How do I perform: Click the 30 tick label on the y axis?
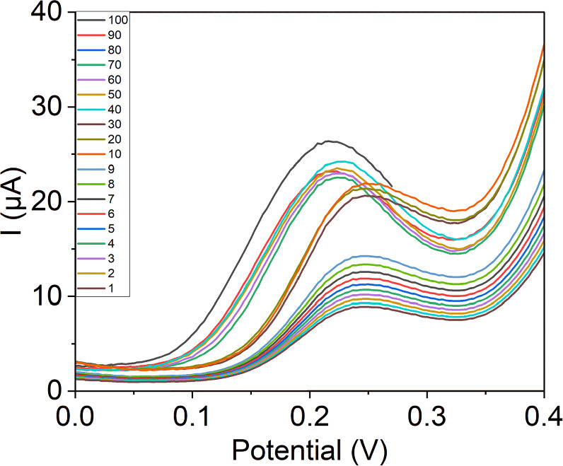click(48, 107)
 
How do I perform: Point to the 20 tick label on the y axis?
click(48, 202)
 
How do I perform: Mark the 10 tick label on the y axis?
click(48, 296)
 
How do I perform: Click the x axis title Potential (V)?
click(310, 448)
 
